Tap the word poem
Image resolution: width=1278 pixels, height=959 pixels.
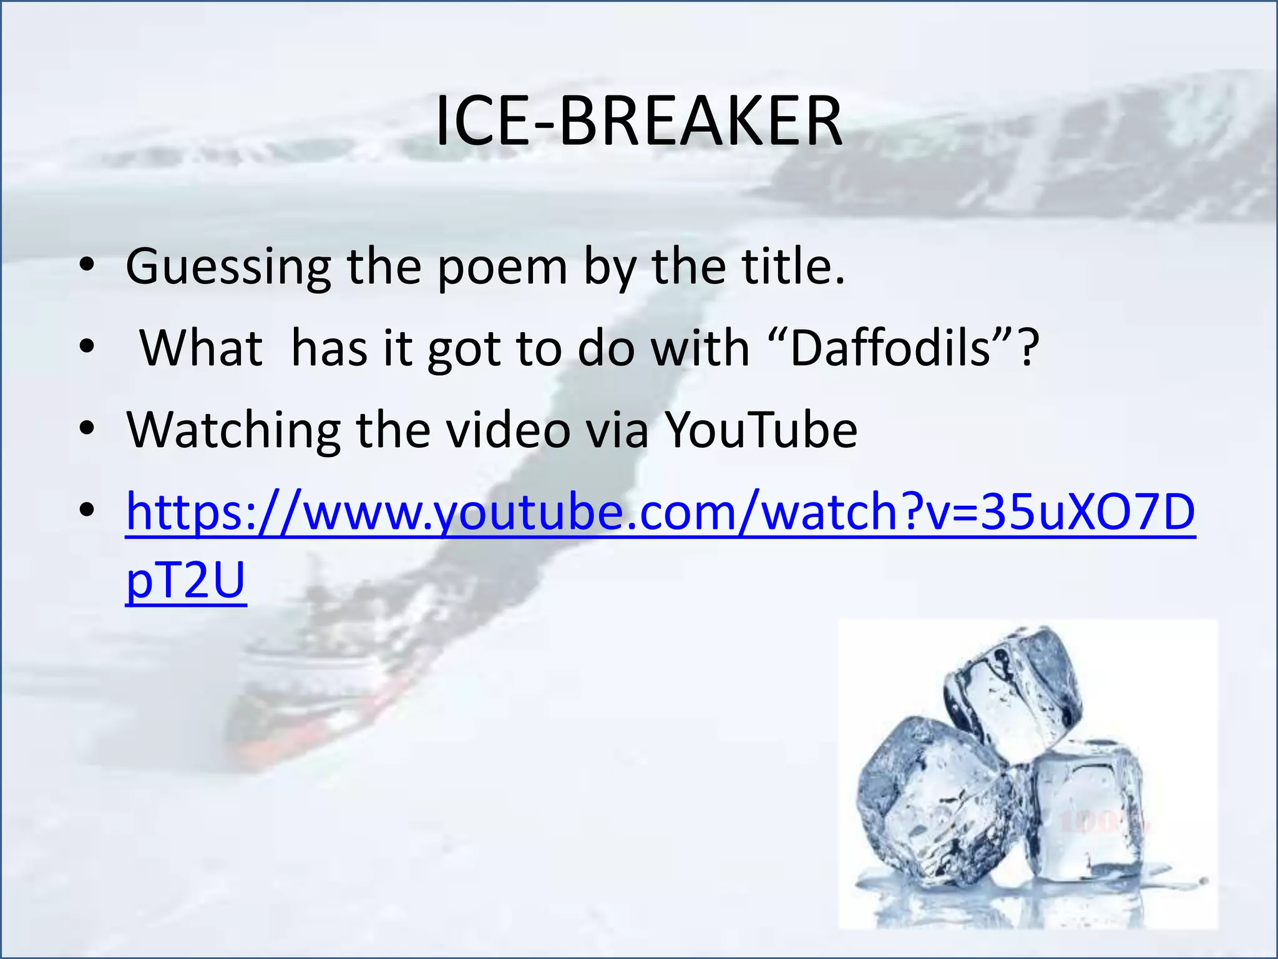coord(502,267)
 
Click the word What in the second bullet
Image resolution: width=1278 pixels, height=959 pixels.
coord(201,348)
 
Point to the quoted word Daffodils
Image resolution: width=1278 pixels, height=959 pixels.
coord(890,348)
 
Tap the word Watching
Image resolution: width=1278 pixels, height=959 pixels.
coord(233,431)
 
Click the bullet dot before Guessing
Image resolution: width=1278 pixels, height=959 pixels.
coord(87,267)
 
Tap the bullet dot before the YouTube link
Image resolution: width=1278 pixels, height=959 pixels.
coord(87,512)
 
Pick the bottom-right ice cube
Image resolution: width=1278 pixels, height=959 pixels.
coord(1086,812)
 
